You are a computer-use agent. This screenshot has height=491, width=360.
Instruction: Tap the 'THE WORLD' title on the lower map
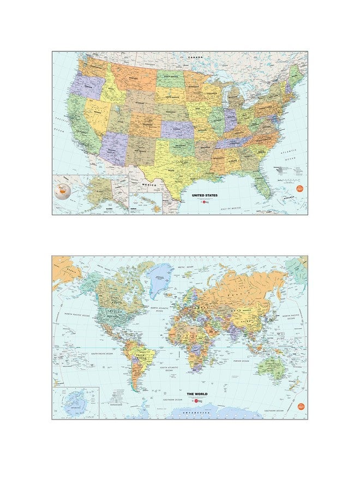click(197, 393)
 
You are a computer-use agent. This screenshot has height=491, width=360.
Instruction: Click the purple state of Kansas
click(177, 129)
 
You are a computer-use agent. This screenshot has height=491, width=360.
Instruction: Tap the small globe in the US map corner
click(64, 191)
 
